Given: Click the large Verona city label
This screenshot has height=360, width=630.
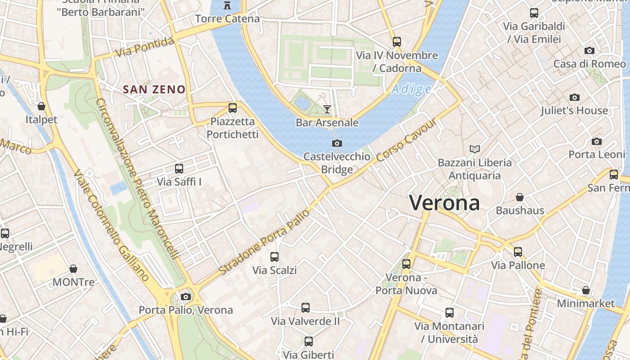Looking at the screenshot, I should pyautogui.click(x=445, y=203).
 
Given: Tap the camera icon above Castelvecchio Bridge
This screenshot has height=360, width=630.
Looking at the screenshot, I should pyautogui.click(x=337, y=144).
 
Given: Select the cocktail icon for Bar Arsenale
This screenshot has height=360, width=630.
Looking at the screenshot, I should pyautogui.click(x=327, y=109).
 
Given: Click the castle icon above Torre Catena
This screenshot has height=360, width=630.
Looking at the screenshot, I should pyautogui.click(x=227, y=6).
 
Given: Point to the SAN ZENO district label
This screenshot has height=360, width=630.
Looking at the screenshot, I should pyautogui.click(x=154, y=90).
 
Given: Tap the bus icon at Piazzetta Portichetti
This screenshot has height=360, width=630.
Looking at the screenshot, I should pyautogui.click(x=232, y=108).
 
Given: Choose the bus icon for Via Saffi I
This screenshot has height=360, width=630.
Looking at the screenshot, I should pyautogui.click(x=179, y=169).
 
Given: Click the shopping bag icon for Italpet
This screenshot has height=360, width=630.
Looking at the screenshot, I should pyautogui.click(x=41, y=106).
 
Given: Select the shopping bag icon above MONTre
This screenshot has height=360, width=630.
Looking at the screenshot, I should pyautogui.click(x=73, y=269).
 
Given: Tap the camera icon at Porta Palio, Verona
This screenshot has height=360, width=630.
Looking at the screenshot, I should pyautogui.click(x=185, y=297).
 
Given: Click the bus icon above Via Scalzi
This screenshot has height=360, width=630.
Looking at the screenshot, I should pyautogui.click(x=274, y=257).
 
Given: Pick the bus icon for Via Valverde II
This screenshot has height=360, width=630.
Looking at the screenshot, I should pyautogui.click(x=306, y=308).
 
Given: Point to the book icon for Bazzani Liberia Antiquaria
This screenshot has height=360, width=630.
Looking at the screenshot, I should pyautogui.click(x=474, y=149).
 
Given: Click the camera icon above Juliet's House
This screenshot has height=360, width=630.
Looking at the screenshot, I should pyautogui.click(x=574, y=97).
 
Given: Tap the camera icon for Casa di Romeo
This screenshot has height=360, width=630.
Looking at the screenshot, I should pyautogui.click(x=589, y=50).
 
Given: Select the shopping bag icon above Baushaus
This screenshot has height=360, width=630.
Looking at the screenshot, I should pyautogui.click(x=520, y=197).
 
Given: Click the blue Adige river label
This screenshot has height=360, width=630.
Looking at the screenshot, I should pyautogui.click(x=411, y=90).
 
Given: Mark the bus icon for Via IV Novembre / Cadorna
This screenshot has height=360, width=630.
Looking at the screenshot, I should pyautogui.click(x=396, y=42).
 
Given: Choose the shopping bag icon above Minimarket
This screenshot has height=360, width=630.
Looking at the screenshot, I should pyautogui.click(x=585, y=290).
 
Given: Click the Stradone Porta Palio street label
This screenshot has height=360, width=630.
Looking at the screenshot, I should pyautogui.click(x=265, y=242).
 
